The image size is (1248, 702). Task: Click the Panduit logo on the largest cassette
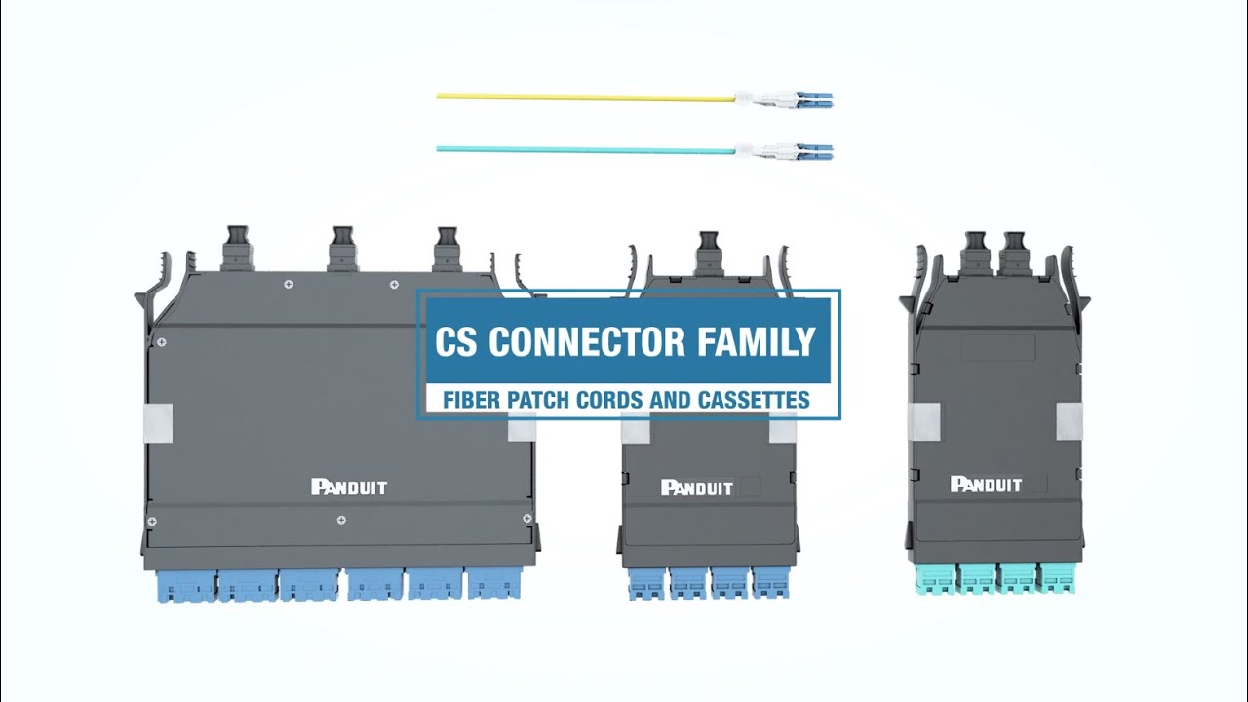tap(349, 487)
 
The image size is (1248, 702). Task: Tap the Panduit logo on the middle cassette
tap(696, 487)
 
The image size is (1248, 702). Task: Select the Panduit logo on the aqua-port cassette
tap(986, 485)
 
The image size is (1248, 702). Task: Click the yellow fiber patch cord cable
tap(585, 97)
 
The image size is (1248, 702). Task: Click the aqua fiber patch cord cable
tap(585, 149)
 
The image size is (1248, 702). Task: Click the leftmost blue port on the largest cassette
tap(185, 585)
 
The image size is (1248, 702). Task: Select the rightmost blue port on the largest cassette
tap(494, 583)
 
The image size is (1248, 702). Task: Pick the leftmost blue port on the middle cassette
tap(645, 583)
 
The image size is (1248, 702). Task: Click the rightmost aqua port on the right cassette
tap(1057, 578)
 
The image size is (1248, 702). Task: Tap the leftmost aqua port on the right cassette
tap(936, 578)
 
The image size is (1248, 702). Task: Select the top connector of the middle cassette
tap(710, 253)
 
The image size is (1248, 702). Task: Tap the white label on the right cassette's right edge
tap(1071, 420)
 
